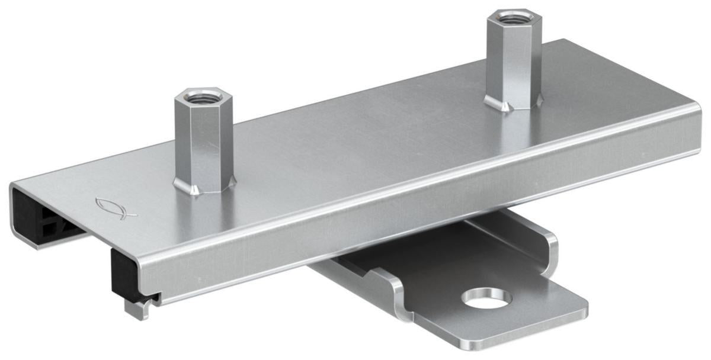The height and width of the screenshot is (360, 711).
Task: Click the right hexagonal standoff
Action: coord(513,59)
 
